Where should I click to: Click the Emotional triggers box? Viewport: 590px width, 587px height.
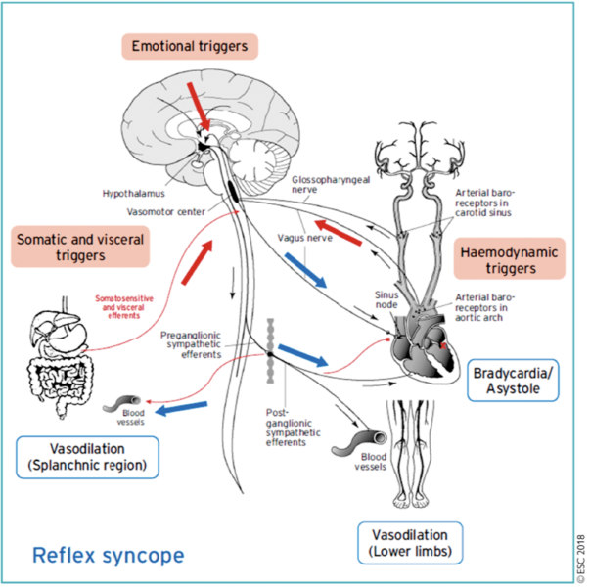[190, 46]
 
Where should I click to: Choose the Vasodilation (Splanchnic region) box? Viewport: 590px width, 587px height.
[87, 456]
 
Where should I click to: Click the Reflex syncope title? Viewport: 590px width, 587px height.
[109, 556]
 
